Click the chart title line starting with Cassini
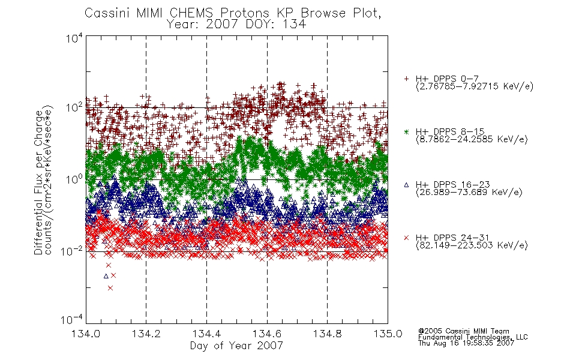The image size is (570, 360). click(233, 13)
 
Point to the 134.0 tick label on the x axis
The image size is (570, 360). click(86, 334)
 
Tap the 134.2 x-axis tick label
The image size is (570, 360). click(146, 334)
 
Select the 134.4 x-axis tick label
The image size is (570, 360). click(206, 334)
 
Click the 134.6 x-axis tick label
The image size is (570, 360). click(267, 334)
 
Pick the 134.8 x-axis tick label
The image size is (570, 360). click(327, 334)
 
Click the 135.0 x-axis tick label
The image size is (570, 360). click(388, 334)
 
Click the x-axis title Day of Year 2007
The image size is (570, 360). click(236, 346)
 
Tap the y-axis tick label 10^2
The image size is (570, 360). click(74, 107)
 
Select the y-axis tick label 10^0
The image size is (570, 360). click(74, 179)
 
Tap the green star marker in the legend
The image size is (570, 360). click(406, 132)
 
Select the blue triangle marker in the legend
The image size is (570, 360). click(406, 185)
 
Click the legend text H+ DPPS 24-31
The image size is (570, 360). click(452, 238)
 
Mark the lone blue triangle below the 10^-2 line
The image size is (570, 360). click(106, 276)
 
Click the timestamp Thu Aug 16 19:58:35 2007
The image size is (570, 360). click(466, 343)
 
